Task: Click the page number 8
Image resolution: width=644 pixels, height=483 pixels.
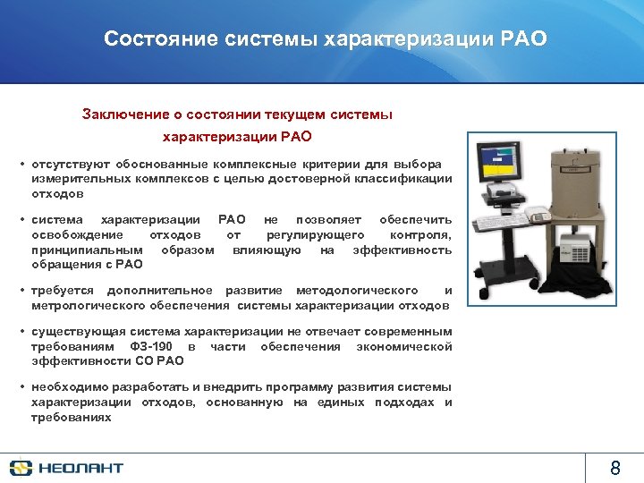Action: click(614, 467)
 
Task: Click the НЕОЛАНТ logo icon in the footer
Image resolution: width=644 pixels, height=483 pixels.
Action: click(21, 467)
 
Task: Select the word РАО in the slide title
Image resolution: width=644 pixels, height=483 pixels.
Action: click(519, 39)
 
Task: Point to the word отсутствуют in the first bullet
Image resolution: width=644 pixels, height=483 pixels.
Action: click(69, 165)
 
